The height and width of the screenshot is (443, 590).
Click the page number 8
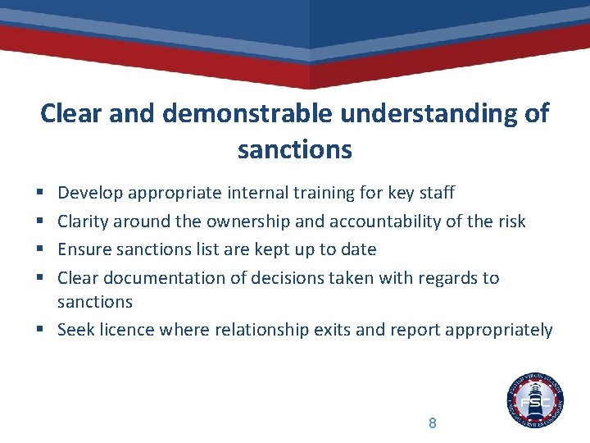coord(432,423)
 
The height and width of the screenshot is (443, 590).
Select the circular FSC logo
coord(535,400)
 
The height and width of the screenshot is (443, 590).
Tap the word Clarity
coord(83,221)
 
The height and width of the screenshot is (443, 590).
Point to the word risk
coord(510,221)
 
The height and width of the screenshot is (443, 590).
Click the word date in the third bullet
coord(357,249)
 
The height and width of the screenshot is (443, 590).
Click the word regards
coord(447,277)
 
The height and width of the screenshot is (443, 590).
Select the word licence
coord(123,330)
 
